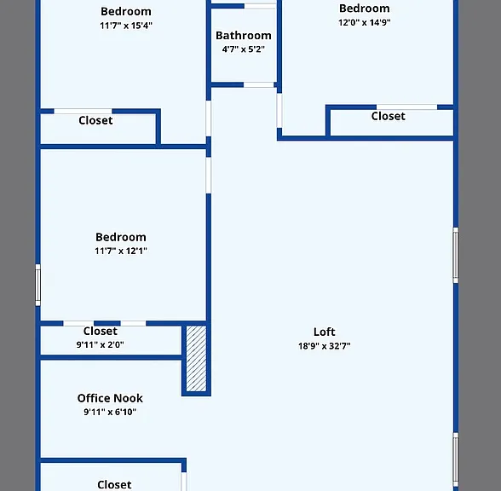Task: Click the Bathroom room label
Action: tap(244, 36)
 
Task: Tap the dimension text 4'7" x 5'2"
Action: tap(244, 49)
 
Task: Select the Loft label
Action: tap(324, 332)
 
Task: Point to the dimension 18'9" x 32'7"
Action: tap(325, 346)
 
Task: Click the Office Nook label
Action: tap(110, 398)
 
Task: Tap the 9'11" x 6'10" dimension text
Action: tap(110, 412)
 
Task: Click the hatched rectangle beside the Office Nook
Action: tap(196, 358)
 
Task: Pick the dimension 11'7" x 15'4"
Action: tap(126, 26)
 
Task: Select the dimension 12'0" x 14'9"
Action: tap(365, 22)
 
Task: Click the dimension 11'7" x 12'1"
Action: tap(121, 251)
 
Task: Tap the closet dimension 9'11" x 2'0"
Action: tap(100, 344)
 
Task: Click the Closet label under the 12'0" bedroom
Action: tap(388, 116)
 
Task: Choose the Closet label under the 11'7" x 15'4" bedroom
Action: tap(95, 120)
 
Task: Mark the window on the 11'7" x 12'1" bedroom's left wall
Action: tap(37, 285)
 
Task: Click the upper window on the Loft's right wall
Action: tap(456, 255)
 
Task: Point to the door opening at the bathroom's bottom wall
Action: tap(258, 84)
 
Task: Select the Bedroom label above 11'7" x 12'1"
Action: tap(121, 237)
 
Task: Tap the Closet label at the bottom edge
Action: tap(114, 484)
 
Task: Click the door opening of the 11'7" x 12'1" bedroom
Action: tap(208, 176)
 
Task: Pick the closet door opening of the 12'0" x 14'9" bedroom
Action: tap(406, 107)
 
